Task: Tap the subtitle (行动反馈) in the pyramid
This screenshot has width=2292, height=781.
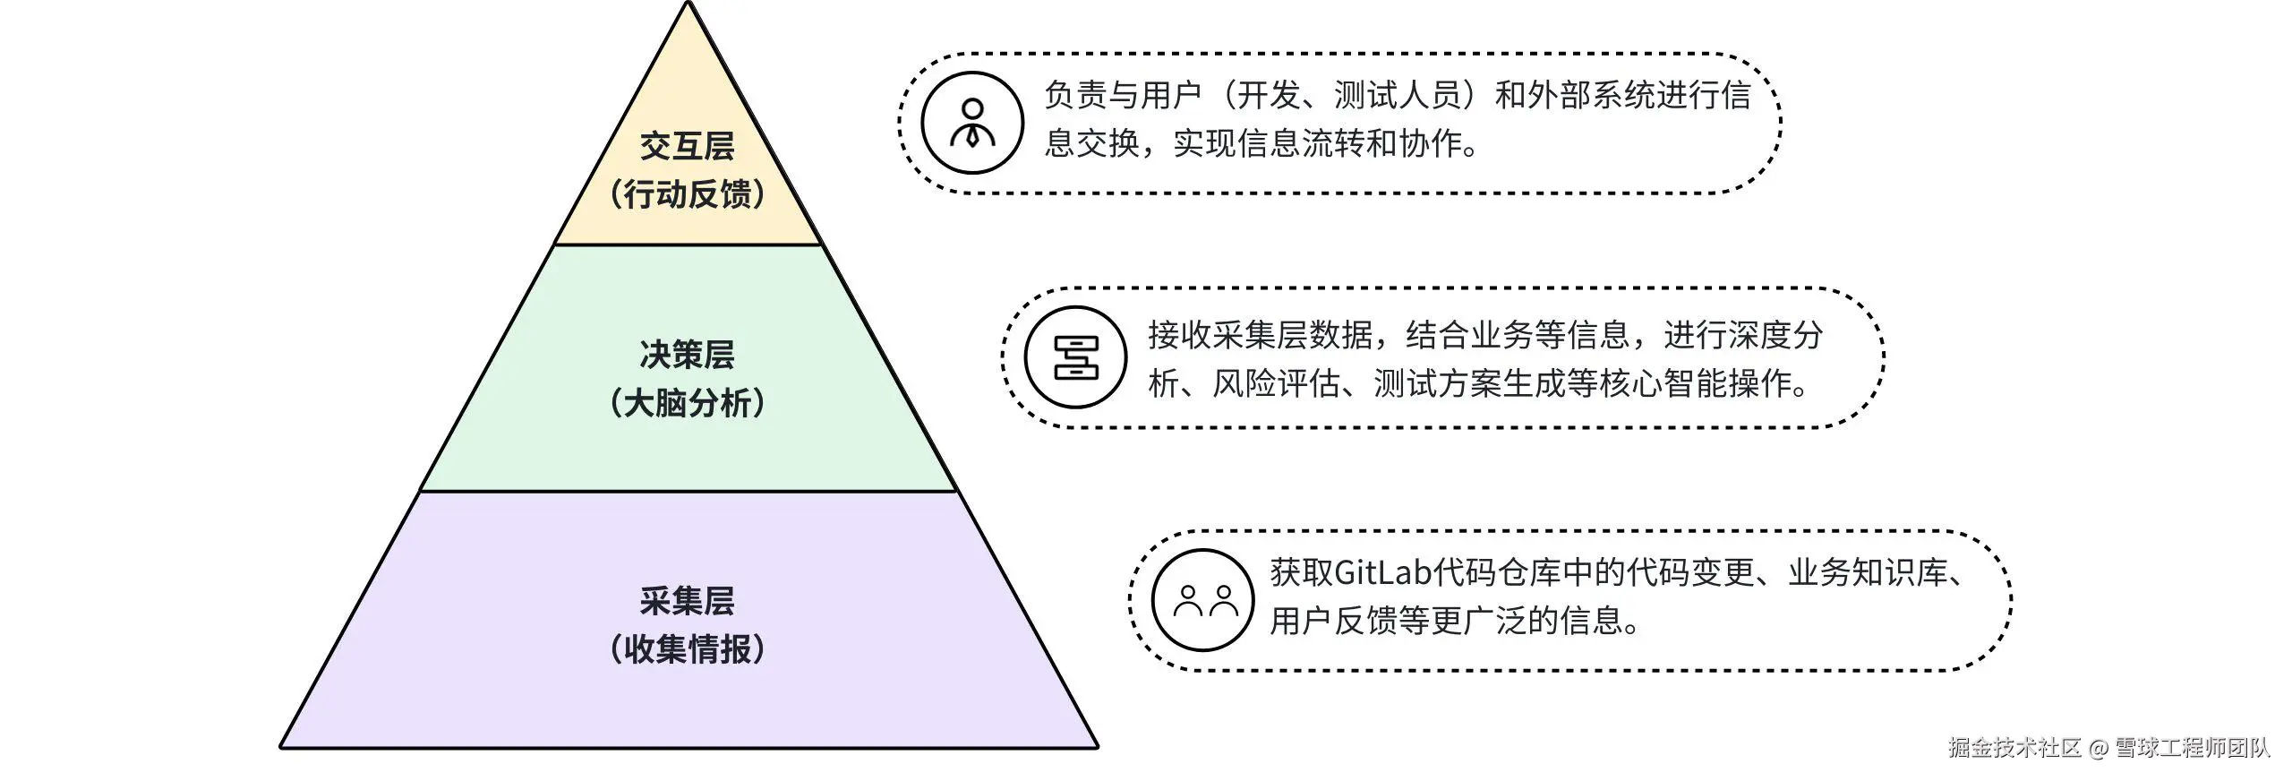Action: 687,194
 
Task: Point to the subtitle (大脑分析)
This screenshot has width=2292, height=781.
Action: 687,404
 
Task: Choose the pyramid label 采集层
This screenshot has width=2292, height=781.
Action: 687,601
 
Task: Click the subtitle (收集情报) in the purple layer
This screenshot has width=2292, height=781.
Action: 687,649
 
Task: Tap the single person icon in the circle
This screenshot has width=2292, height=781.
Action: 972,124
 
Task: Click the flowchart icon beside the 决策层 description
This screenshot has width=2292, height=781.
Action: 1075,358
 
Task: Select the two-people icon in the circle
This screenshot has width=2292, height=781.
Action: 1203,600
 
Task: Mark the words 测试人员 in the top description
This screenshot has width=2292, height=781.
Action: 1398,95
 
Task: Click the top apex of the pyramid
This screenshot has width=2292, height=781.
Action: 688,4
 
